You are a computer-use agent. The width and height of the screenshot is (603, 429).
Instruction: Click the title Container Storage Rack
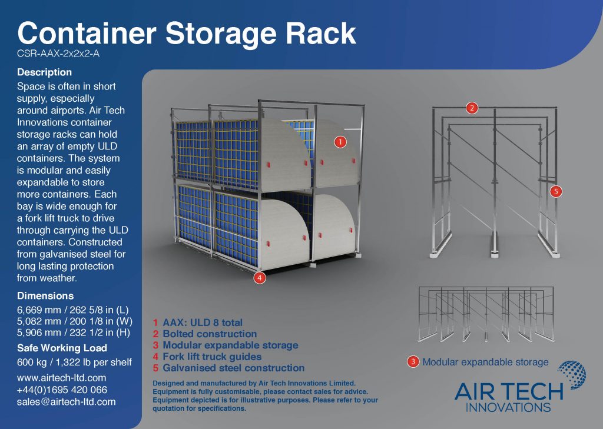[x=187, y=34]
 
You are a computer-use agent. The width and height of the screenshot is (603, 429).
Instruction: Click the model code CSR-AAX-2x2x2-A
[x=58, y=54]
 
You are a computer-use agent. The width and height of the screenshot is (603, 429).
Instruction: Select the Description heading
[x=44, y=72]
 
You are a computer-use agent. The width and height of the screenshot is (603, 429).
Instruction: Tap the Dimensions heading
[x=45, y=295]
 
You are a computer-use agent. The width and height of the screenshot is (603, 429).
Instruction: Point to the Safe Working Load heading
[x=62, y=348]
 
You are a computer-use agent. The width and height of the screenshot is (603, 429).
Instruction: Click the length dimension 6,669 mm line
[x=72, y=310]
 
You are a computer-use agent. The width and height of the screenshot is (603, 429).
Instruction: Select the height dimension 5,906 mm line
[x=74, y=332]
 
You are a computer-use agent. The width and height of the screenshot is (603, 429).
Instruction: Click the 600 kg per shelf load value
[x=74, y=362]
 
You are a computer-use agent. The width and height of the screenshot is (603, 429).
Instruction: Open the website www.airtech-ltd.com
[x=61, y=378]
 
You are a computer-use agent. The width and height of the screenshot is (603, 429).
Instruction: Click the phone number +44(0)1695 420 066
[x=62, y=390]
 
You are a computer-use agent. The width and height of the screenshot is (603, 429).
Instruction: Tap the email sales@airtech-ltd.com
[x=66, y=402]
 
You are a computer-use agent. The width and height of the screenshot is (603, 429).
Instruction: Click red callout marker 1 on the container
[x=340, y=142]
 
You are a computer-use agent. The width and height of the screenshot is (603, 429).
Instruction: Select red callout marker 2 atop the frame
[x=472, y=108]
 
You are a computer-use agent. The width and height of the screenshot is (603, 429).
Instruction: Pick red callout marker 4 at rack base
[x=260, y=278]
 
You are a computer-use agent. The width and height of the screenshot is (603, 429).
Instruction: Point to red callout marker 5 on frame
[x=556, y=191]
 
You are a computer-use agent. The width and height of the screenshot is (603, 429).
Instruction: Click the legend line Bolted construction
[x=204, y=334]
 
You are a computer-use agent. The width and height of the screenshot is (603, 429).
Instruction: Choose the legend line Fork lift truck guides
[x=207, y=357]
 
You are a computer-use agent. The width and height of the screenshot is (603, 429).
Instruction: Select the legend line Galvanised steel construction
[x=228, y=368]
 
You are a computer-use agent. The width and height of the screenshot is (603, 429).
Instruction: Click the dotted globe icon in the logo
[x=572, y=375]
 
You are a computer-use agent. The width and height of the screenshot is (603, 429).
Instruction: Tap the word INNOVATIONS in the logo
[x=508, y=407]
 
